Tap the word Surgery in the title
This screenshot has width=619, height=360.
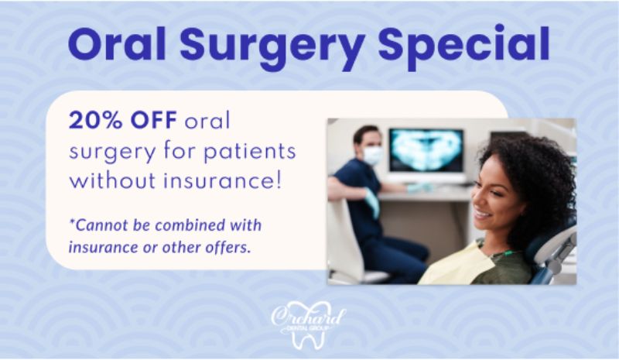(x=273, y=48)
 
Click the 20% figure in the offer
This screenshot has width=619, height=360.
(x=95, y=121)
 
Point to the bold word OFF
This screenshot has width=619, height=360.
(x=153, y=121)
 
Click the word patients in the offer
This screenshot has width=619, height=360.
(x=249, y=151)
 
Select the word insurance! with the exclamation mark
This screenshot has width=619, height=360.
(x=224, y=180)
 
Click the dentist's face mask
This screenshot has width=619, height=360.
(x=372, y=156)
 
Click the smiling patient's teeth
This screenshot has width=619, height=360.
(x=482, y=214)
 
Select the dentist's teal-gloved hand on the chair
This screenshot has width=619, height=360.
(x=372, y=201)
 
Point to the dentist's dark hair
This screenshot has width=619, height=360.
(x=366, y=135)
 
